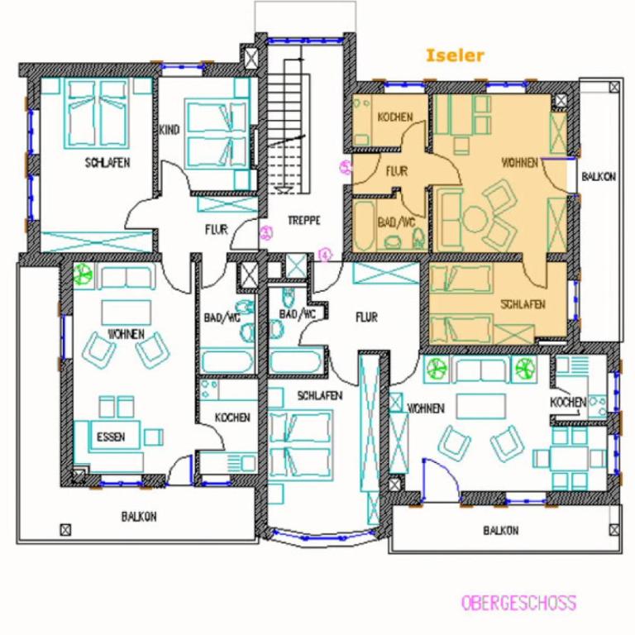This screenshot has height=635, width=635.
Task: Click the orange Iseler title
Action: [x=456, y=55]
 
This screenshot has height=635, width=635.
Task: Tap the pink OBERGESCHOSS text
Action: [x=518, y=603]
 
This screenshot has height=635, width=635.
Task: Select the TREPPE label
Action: [x=304, y=220]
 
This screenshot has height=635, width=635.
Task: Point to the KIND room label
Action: [x=169, y=130]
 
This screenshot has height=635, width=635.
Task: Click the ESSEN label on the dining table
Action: [x=111, y=437]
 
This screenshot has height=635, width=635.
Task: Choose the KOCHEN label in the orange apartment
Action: [x=395, y=117]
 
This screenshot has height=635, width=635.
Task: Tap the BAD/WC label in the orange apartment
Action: [x=397, y=222]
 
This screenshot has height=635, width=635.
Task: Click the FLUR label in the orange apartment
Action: [x=397, y=171]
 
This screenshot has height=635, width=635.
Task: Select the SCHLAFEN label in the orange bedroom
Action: [x=523, y=304]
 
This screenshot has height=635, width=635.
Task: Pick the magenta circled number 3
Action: [x=266, y=232]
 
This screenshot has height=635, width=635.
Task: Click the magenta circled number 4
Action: [x=325, y=255]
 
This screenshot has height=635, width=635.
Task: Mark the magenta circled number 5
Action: [x=346, y=167]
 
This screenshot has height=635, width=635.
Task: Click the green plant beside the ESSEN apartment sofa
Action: [x=84, y=274]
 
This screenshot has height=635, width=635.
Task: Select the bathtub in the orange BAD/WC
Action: [x=363, y=225]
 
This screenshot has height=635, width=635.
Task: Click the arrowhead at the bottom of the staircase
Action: [x=282, y=189]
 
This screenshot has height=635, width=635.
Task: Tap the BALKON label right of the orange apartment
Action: [x=599, y=177]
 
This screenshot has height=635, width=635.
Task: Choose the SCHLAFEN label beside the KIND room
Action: [x=107, y=163]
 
